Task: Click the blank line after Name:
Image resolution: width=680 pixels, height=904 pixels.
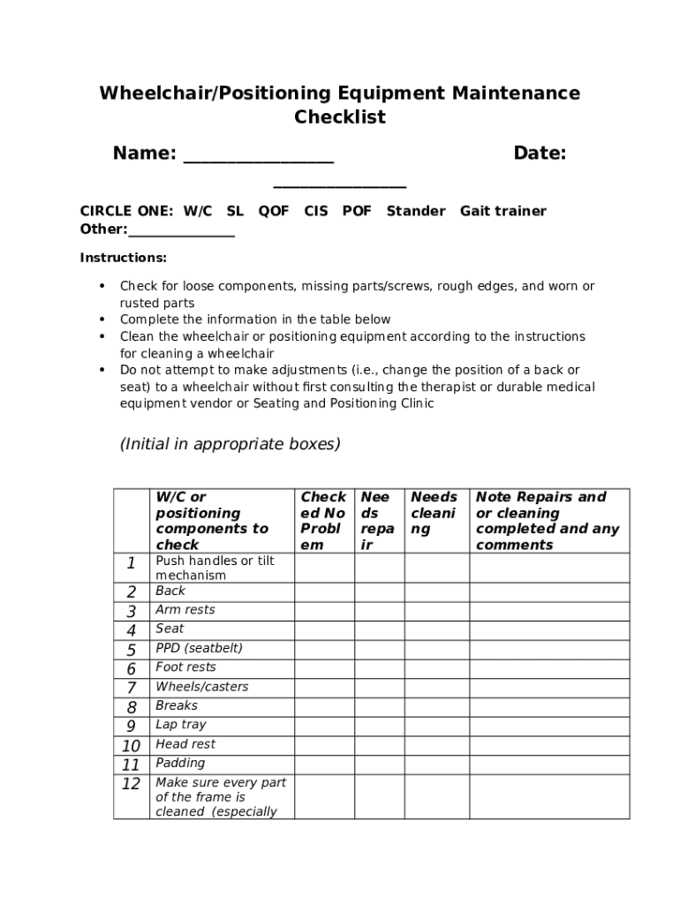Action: [x=258, y=160]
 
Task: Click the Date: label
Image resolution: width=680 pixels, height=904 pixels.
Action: [x=540, y=154]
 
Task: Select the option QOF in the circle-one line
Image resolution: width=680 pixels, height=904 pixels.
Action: [x=273, y=211]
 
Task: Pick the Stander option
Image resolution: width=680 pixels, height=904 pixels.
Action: [x=416, y=211]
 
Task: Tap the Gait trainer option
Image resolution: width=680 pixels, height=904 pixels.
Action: [x=502, y=211]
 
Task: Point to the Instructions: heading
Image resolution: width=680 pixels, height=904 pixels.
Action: [x=124, y=258]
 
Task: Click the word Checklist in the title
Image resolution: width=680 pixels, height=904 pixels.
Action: [x=340, y=117]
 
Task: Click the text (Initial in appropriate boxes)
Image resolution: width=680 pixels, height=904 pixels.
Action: [x=230, y=444]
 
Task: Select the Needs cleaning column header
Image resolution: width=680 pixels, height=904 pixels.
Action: [x=434, y=513]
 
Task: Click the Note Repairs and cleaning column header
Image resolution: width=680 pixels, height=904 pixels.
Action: [x=548, y=521]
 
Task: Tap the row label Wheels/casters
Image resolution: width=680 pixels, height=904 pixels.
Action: [x=202, y=687]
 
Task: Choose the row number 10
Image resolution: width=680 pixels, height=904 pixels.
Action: [x=131, y=746]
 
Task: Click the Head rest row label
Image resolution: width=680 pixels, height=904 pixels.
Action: [x=185, y=744]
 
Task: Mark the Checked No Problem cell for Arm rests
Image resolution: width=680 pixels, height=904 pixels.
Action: [x=324, y=611]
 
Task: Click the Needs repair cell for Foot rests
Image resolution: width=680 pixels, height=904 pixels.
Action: [x=379, y=668]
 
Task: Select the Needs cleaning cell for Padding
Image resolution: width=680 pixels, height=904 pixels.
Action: [x=436, y=765]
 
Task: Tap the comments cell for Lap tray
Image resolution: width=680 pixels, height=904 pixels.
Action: [x=548, y=726]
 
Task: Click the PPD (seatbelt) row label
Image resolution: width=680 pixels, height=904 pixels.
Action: [x=199, y=648]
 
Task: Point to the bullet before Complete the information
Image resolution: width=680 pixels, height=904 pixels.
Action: [x=102, y=320]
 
